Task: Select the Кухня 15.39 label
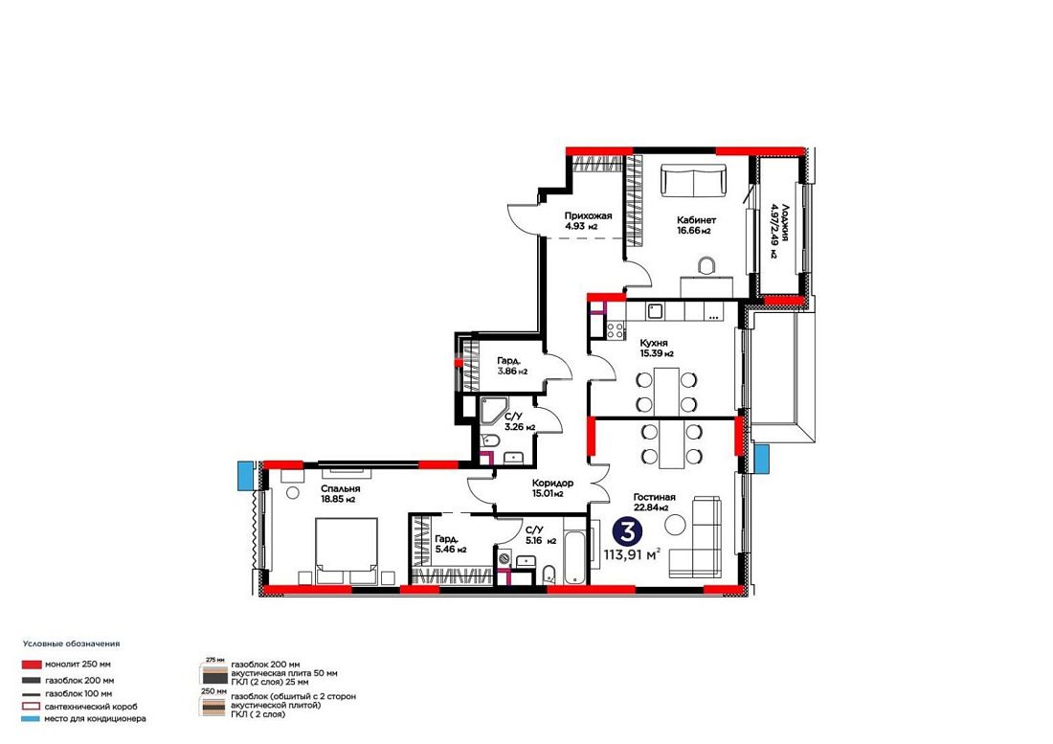coord(657,348)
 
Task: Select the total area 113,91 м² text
coord(632,554)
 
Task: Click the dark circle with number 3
coord(628,531)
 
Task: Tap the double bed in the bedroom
coord(346,551)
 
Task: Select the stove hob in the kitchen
coord(615,329)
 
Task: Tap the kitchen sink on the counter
coord(654,311)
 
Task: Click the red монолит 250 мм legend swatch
coord(32,665)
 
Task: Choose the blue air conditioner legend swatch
coord(32,719)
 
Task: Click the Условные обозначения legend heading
coord(71,643)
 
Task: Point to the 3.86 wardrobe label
coord(512,365)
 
